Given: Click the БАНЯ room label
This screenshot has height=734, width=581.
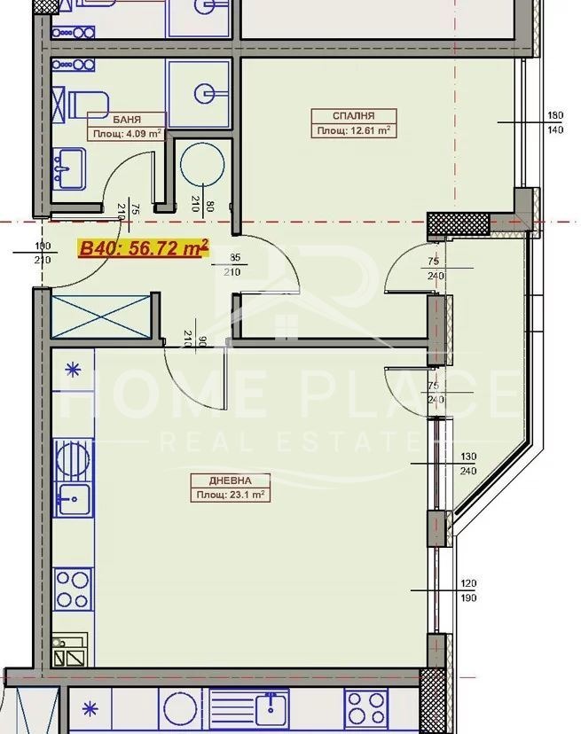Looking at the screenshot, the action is pyautogui.click(x=127, y=120).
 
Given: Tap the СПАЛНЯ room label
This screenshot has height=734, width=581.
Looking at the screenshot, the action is pyautogui.click(x=354, y=115).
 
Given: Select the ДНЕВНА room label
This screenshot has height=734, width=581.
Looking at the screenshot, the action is pyautogui.click(x=230, y=480).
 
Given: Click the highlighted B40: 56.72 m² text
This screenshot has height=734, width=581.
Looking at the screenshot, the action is pyautogui.click(x=144, y=247).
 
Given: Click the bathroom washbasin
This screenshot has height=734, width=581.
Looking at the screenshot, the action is pyautogui.click(x=69, y=168).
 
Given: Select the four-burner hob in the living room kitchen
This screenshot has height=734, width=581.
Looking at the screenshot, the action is pyautogui.click(x=73, y=589).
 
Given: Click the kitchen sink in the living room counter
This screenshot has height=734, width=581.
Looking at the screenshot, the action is pyautogui.click(x=73, y=500).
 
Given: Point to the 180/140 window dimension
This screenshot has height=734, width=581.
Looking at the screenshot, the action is pyautogui.click(x=555, y=122).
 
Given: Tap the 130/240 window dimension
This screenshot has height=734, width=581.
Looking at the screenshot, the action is pyautogui.click(x=468, y=464).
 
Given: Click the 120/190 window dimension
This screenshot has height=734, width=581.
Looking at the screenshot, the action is pyautogui.click(x=468, y=590).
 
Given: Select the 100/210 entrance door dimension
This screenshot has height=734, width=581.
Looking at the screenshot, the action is pyautogui.click(x=43, y=253).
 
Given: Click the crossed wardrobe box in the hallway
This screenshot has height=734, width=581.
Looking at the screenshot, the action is pyautogui.click(x=101, y=316).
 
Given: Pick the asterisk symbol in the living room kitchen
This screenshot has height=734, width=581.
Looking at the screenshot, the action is pyautogui.click(x=73, y=371).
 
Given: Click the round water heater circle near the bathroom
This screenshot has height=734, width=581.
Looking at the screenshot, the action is pyautogui.click(x=202, y=164).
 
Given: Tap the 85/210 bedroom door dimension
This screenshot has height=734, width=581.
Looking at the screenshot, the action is pyautogui.click(x=232, y=264).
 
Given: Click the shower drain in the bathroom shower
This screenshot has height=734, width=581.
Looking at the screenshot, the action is pyautogui.click(x=205, y=94).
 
